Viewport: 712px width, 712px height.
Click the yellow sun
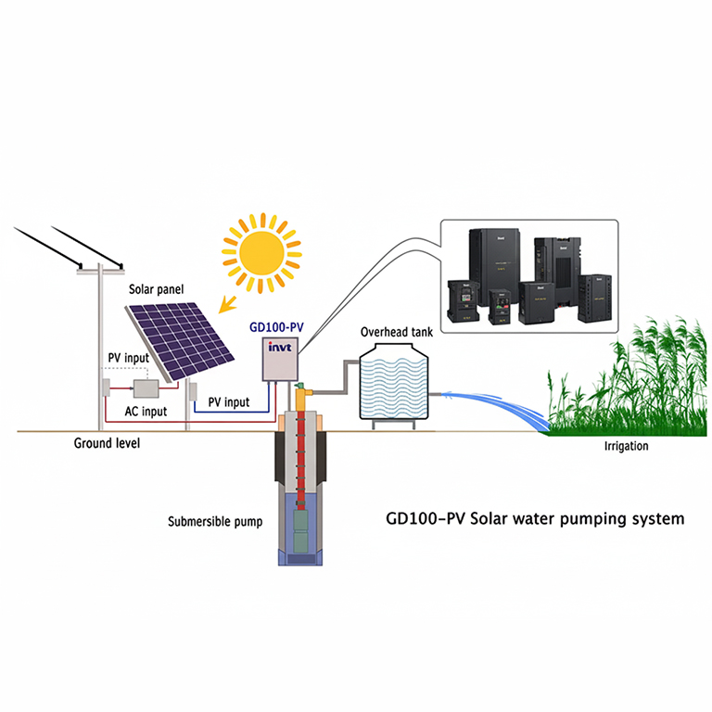coord(262,248)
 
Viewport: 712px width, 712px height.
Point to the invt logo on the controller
coord(279,347)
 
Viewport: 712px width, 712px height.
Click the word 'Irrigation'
coord(626,447)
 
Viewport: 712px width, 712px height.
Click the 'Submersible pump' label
coord(215,521)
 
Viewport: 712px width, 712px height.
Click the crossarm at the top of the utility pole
coord(102,270)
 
